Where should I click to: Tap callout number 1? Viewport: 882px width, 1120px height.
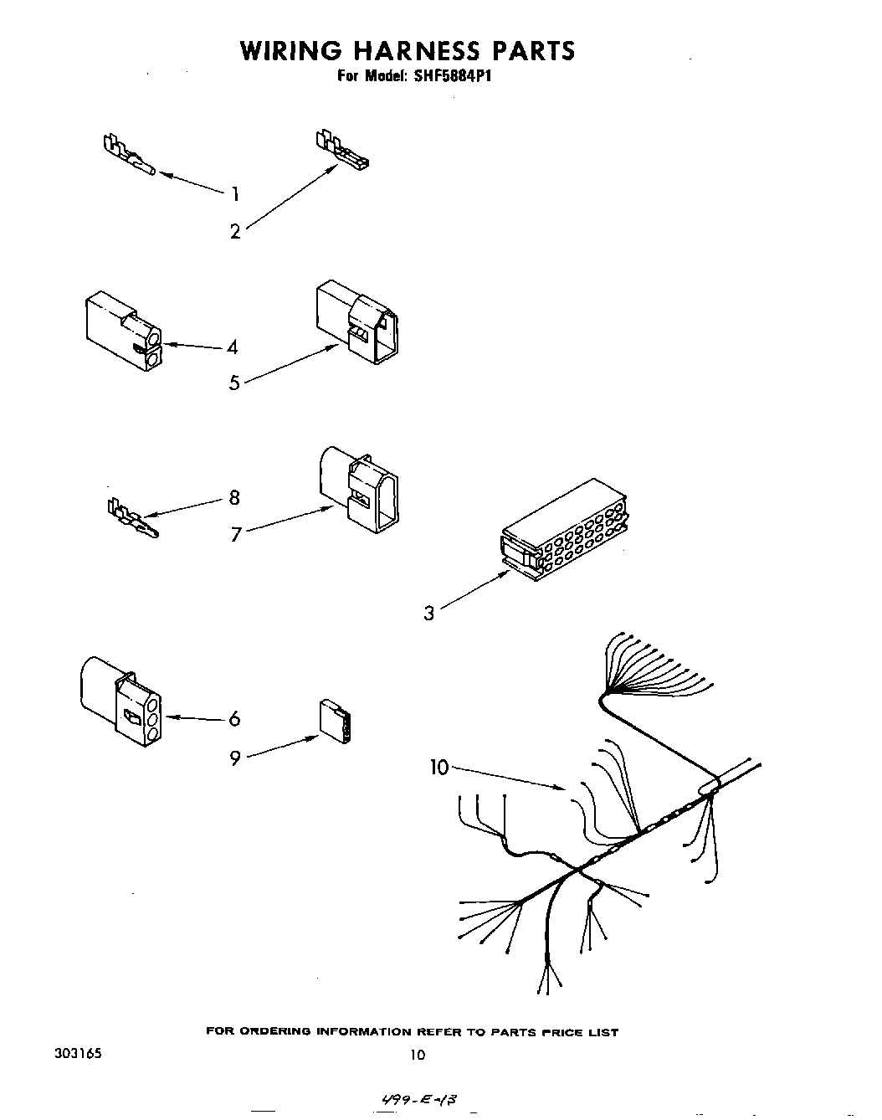(x=235, y=194)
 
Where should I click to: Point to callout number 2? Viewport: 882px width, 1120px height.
(x=235, y=232)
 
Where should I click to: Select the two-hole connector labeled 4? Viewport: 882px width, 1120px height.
(x=122, y=330)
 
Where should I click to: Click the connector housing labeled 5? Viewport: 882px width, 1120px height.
(x=356, y=321)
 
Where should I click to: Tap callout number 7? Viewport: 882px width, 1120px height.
(x=236, y=533)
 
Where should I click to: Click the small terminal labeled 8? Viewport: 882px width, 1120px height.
(x=132, y=519)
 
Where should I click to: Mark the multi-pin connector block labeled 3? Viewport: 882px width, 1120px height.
(x=565, y=531)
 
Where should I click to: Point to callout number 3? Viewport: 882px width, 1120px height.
(x=429, y=614)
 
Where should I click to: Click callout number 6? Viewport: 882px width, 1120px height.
(x=234, y=719)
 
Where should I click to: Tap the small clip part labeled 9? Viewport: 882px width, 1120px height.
(x=336, y=721)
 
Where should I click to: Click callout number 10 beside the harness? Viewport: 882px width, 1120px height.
(x=440, y=767)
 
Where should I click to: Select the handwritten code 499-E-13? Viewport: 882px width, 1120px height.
(x=421, y=1097)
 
